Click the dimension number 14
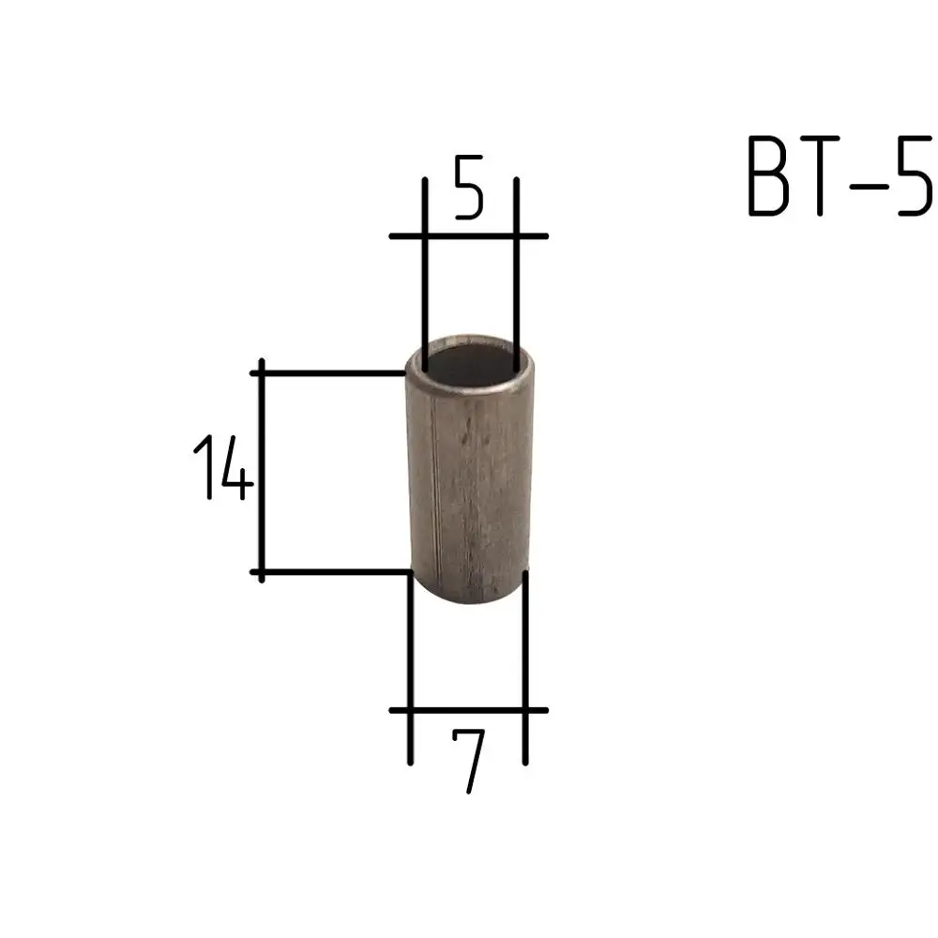click(x=223, y=467)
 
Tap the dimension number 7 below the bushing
click(x=468, y=761)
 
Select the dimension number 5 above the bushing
click(x=468, y=187)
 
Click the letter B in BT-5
click(x=769, y=175)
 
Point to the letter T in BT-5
click(x=820, y=175)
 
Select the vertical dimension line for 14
click(x=262, y=470)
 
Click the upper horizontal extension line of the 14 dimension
click(x=328, y=373)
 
